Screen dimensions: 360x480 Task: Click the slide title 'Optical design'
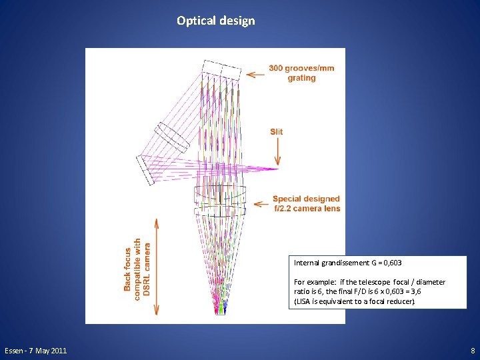click(x=215, y=21)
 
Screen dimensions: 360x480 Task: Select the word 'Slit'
click(x=276, y=131)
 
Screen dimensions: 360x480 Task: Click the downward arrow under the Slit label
click(x=277, y=152)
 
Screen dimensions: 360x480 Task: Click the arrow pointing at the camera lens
click(x=259, y=201)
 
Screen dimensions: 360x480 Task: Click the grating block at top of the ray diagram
click(x=222, y=70)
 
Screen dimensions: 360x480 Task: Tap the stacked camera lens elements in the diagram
click(x=220, y=200)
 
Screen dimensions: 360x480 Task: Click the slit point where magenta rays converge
click(x=275, y=169)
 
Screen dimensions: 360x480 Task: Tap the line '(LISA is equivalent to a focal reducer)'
click(x=354, y=301)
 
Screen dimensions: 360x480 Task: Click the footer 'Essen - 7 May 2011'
click(x=35, y=351)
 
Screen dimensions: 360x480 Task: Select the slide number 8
click(x=472, y=351)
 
